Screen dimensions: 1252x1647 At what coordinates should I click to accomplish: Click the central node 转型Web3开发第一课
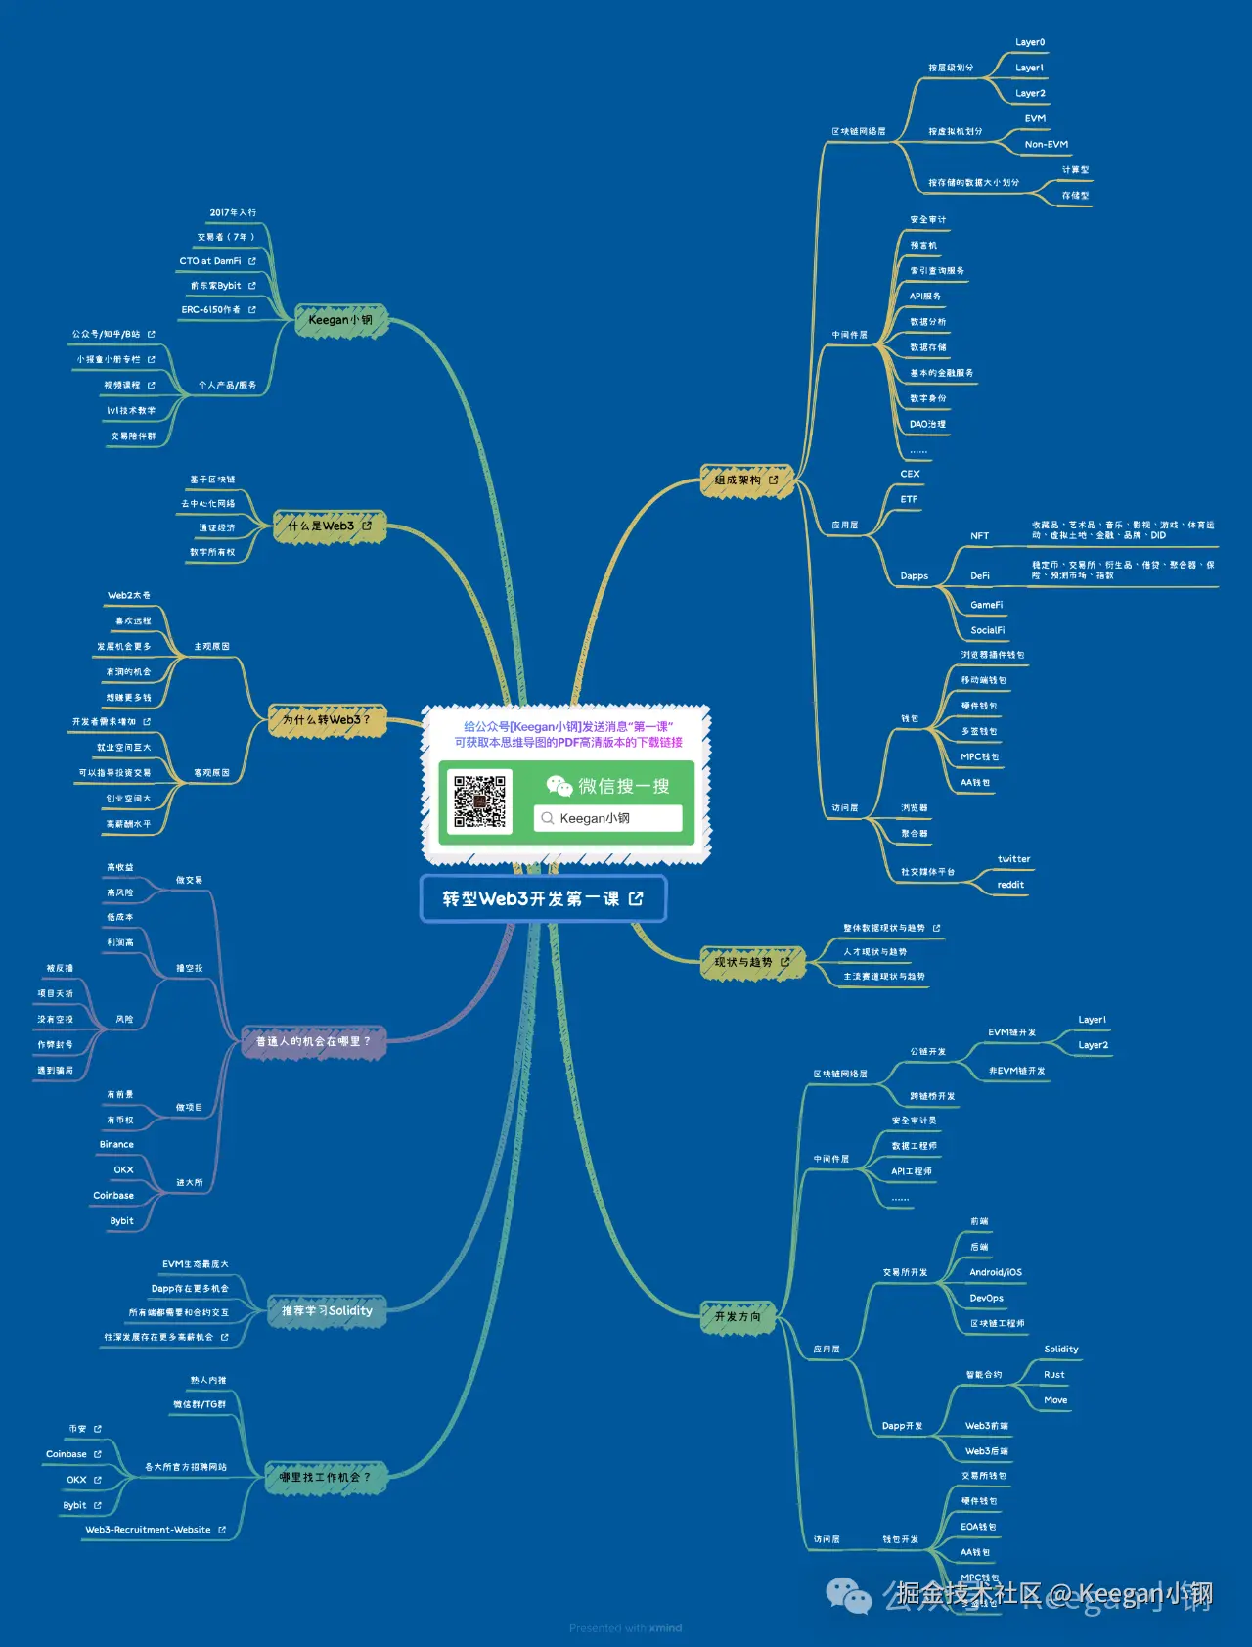click(542, 898)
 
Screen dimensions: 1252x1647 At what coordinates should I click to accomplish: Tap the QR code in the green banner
click(479, 801)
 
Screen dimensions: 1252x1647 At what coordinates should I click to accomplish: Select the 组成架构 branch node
click(745, 480)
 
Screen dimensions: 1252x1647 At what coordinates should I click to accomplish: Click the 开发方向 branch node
click(737, 1316)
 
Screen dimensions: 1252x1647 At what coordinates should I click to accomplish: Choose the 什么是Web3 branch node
click(329, 526)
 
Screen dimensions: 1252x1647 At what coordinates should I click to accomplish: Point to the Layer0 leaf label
click(1030, 43)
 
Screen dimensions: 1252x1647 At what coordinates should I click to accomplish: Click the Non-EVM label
click(1046, 145)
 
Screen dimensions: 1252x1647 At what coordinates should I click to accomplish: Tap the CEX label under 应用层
click(910, 474)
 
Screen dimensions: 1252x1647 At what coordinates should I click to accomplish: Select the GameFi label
click(986, 605)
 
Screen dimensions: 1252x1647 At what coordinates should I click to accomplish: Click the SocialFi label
click(987, 630)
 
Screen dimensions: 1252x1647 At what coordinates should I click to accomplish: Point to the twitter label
click(1013, 859)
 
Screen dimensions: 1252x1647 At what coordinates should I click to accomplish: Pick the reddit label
click(1010, 885)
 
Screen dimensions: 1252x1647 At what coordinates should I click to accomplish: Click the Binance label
click(116, 1144)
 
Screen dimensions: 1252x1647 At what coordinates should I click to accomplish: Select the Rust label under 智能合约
click(1053, 1375)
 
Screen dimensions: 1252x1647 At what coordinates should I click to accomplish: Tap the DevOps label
click(986, 1299)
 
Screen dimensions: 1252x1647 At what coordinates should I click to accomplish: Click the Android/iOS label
click(995, 1272)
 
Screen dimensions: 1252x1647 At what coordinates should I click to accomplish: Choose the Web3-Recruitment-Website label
click(149, 1530)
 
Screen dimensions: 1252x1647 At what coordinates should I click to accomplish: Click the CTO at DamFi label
click(210, 261)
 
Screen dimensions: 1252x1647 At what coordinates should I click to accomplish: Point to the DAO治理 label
click(927, 425)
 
